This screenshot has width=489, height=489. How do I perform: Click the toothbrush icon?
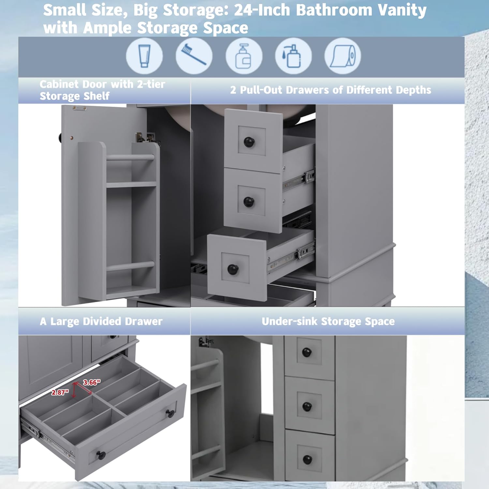pyautogui.click(x=194, y=55)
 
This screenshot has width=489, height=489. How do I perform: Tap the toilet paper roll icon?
pyautogui.click(x=342, y=56)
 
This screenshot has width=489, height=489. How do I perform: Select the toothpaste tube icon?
pyautogui.click(x=144, y=56)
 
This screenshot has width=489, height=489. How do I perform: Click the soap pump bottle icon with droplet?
pyautogui.click(x=293, y=56)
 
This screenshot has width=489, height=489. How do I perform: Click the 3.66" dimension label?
pyautogui.click(x=92, y=382)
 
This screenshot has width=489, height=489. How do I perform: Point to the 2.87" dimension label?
pyautogui.click(x=60, y=393)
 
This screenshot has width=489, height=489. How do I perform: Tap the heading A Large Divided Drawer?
pyautogui.click(x=101, y=321)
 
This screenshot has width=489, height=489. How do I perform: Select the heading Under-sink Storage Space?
pyautogui.click(x=328, y=321)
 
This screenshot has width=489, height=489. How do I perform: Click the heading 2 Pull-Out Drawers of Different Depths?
pyautogui.click(x=331, y=90)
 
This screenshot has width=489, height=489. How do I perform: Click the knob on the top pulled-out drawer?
pyautogui.click(x=249, y=142)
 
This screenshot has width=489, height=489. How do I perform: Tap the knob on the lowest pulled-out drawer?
pyautogui.click(x=233, y=269)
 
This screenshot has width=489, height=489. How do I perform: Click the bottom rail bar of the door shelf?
pyautogui.click(x=130, y=266)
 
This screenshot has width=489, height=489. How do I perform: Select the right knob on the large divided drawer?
pyautogui.click(x=170, y=413)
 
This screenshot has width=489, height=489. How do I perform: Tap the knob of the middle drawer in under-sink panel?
pyautogui.click(x=307, y=406)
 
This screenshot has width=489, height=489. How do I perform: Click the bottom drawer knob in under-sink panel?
pyautogui.click(x=307, y=460)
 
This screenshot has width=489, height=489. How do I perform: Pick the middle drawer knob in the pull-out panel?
pyautogui.click(x=249, y=201)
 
